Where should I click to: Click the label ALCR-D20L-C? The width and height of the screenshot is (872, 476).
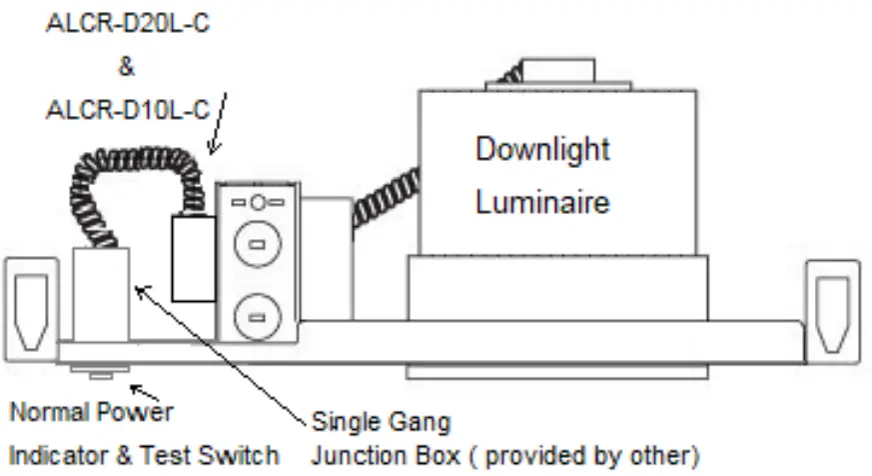click(x=128, y=25)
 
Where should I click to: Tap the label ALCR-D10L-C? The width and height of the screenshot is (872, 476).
click(x=128, y=109)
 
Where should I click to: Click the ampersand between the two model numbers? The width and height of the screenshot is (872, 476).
click(x=126, y=67)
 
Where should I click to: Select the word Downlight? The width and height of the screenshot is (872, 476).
click(x=542, y=150)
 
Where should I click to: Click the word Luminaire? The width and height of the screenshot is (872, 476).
click(x=542, y=202)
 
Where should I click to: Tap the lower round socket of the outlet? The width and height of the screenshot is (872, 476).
click(x=257, y=319)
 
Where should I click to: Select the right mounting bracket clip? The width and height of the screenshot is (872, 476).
click(x=833, y=308)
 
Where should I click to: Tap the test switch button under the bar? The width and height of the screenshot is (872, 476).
click(x=99, y=374)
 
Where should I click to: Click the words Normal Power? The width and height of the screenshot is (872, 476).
click(x=92, y=411)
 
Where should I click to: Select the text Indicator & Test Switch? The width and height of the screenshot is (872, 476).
click(x=144, y=455)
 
